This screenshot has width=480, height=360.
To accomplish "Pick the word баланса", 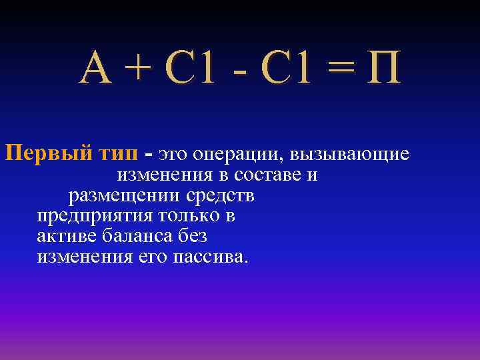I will point(135,237).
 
